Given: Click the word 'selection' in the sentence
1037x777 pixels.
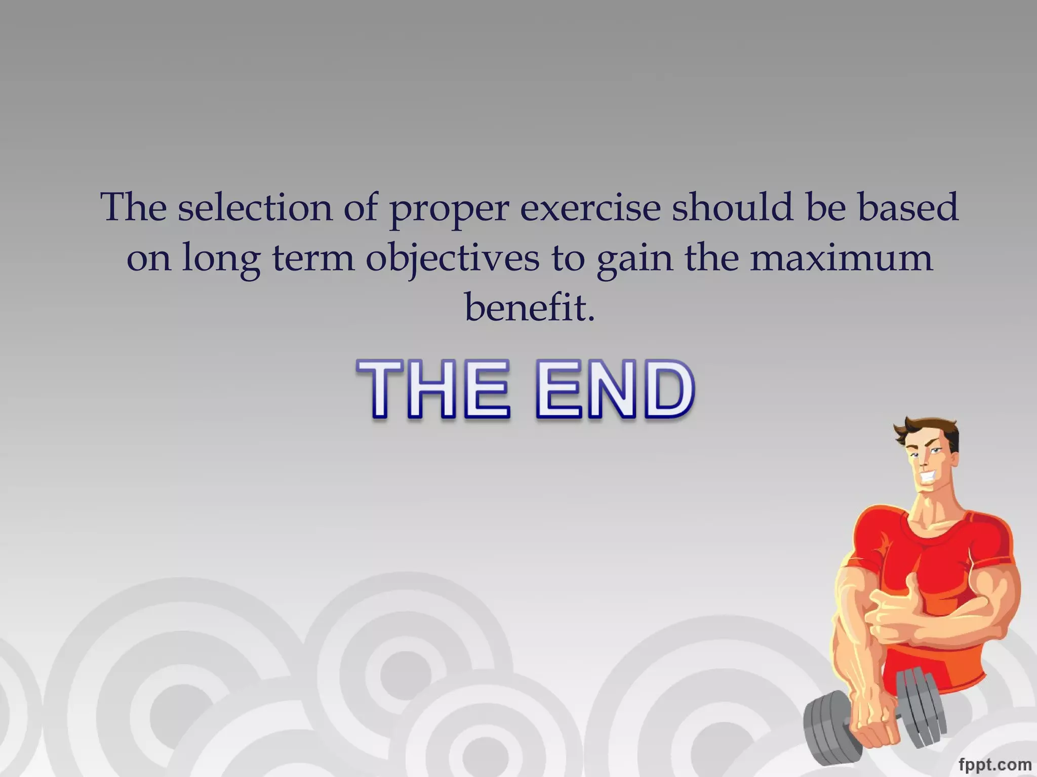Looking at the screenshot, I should [x=255, y=207].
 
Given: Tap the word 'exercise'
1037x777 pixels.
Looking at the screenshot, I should [x=590, y=208].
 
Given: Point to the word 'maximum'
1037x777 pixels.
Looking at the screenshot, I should [x=841, y=257].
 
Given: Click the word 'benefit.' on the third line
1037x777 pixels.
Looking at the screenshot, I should [x=530, y=307].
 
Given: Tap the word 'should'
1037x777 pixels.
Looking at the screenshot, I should [x=732, y=207].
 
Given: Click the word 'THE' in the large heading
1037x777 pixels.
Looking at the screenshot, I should [x=433, y=390].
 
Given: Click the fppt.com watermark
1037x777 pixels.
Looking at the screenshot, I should [x=994, y=764].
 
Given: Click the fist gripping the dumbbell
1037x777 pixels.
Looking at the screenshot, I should [x=873, y=733].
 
